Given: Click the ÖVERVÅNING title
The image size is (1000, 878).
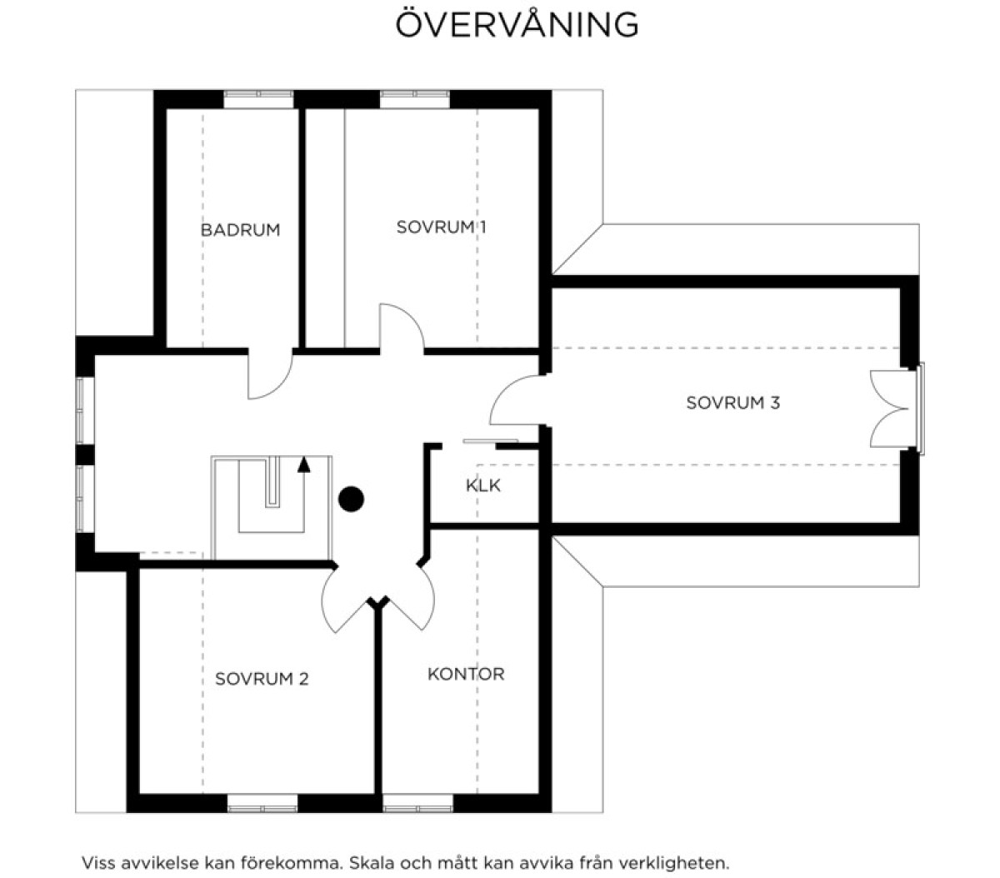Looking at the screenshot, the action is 517,23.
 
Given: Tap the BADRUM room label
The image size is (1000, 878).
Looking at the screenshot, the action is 240,230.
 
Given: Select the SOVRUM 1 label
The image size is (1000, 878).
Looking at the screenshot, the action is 442,227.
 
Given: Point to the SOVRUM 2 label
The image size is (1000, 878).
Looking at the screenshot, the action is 262,679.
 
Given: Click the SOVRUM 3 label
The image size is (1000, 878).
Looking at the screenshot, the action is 733,403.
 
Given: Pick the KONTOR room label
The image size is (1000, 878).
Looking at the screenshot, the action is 466,674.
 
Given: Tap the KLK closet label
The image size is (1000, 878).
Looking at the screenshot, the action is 482,485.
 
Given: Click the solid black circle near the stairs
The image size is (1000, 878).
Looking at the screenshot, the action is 351,499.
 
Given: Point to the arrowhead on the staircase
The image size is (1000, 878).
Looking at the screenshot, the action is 303,464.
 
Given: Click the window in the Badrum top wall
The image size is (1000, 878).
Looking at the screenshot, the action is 258,98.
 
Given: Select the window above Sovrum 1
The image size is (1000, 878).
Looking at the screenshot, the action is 415,98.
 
